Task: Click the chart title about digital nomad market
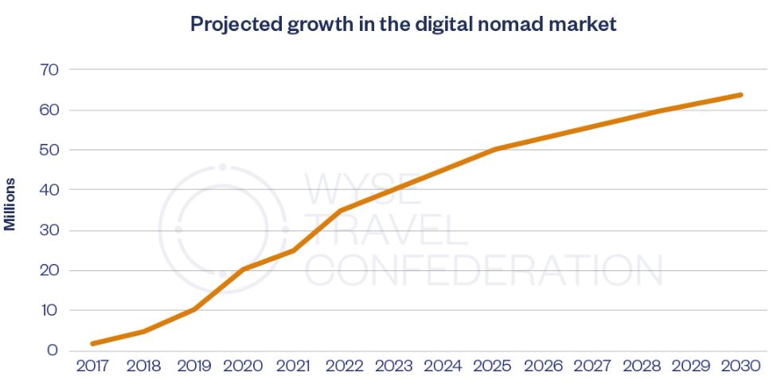coord(404,24)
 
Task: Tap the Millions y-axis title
coord(10,204)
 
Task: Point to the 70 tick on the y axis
coord(49,70)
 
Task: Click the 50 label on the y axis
coord(49,150)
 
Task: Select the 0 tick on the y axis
coord(53,351)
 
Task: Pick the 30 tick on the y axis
coord(49,231)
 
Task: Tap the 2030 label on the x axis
coord(740,367)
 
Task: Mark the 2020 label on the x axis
coord(243,367)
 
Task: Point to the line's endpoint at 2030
coord(740,95)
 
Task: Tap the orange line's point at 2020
coord(243,269)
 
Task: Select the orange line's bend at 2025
coord(494,149)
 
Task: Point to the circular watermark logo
coord(223,229)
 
